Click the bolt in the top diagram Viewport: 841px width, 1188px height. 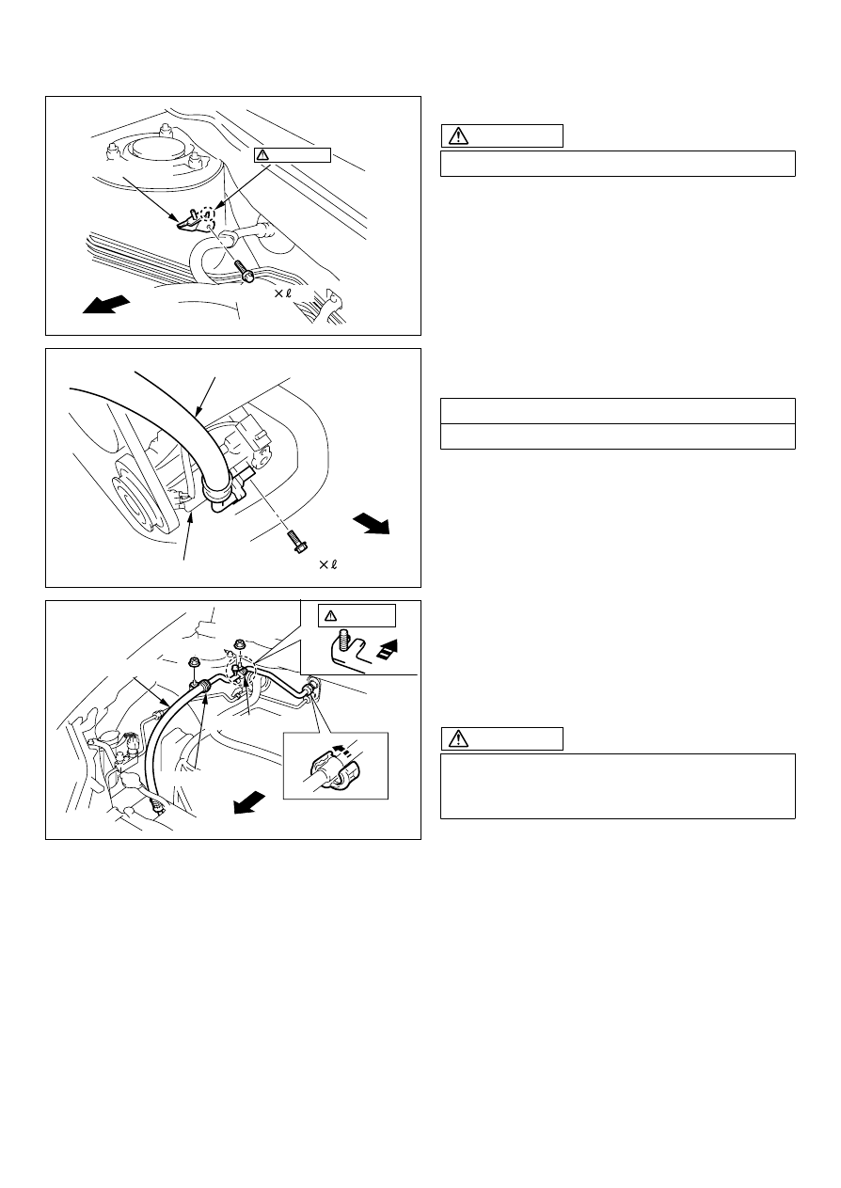[x=246, y=271]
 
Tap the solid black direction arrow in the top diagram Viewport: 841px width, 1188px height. [x=106, y=305]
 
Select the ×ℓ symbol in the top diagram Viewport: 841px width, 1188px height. [x=282, y=293]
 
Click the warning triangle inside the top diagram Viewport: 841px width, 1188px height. [x=262, y=155]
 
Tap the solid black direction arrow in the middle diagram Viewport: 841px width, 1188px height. [x=372, y=524]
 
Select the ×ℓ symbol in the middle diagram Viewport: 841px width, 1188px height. [x=328, y=564]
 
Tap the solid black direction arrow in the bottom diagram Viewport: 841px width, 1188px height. [x=249, y=801]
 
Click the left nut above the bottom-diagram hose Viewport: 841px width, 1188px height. [x=194, y=663]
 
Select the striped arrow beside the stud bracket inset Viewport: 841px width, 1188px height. [x=388, y=649]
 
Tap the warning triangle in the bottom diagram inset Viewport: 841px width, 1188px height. [x=331, y=616]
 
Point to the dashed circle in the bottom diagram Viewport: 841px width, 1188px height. [x=240, y=671]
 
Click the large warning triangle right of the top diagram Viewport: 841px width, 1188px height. [x=458, y=135]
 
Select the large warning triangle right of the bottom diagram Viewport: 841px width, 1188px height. [x=458, y=738]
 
